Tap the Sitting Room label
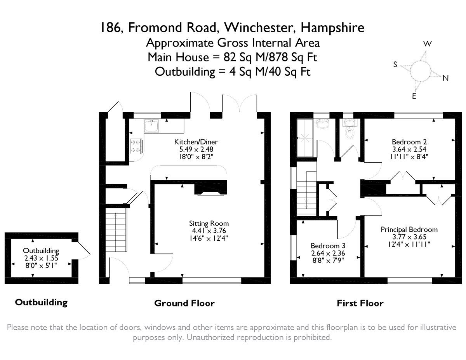209,223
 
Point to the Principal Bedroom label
409,230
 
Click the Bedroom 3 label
328,246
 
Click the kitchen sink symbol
151,126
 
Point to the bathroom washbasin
323,124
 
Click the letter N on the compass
445,78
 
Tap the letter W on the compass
427,44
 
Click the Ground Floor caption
184,303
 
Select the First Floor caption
360,303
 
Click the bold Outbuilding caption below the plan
41,302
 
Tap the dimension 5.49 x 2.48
193,149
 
